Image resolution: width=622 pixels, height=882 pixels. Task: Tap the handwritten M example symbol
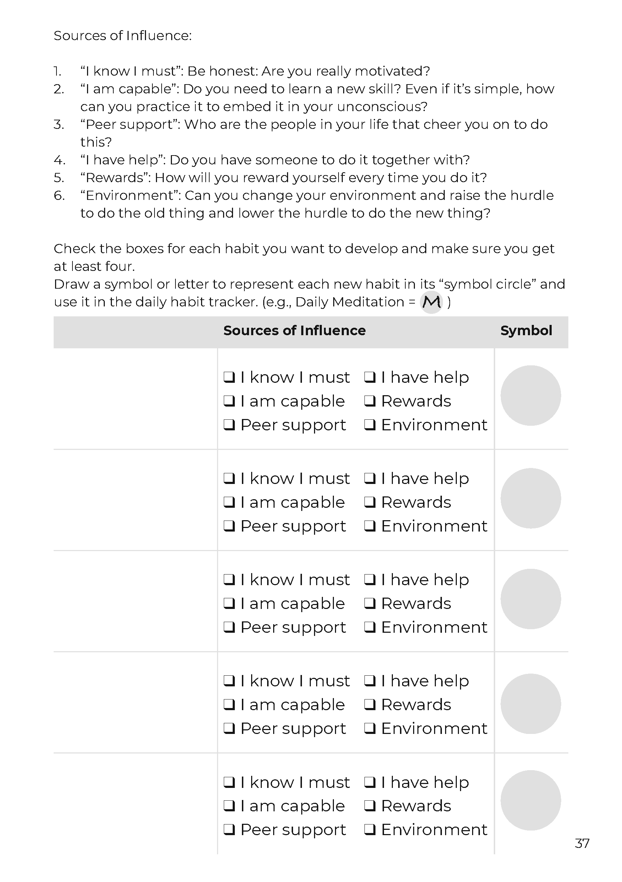tap(431, 302)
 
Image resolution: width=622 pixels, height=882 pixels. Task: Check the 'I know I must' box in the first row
tap(229, 377)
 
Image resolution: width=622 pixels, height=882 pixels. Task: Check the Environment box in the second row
tap(370, 526)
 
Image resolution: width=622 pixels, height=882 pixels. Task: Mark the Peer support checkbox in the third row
tap(229, 627)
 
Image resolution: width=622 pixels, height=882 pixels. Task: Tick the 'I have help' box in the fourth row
tap(370, 681)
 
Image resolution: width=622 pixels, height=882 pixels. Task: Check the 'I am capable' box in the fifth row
tap(229, 806)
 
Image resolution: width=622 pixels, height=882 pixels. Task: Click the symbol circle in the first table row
tap(530, 395)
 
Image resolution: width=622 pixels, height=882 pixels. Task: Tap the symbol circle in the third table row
tap(530, 599)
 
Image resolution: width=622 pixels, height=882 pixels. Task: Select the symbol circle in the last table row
tap(530, 800)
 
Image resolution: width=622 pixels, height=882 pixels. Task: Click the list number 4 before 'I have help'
tap(59, 160)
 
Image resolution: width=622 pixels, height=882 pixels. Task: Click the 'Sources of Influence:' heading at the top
tap(123, 36)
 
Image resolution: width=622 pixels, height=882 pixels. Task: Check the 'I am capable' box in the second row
tap(229, 502)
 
